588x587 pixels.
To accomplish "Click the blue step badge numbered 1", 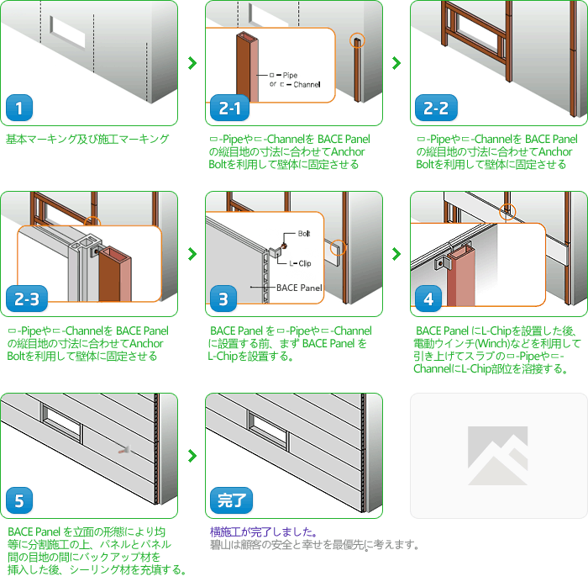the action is coord(19,108).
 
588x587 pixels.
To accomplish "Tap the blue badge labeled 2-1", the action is coord(229,108).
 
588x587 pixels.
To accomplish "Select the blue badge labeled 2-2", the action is coord(436,108).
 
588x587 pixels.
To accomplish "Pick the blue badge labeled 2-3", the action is coord(27,299).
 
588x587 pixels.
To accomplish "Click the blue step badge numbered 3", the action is coord(223,299).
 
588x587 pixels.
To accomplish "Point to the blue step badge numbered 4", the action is coord(428,299).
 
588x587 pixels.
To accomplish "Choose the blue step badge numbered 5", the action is coord(19,500).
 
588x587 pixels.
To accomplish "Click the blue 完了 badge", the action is coord(231,500).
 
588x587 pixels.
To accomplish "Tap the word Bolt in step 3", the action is coord(304,234).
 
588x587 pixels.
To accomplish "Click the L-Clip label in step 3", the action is coord(300,263).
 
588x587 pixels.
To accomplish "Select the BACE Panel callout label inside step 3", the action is coord(299,288).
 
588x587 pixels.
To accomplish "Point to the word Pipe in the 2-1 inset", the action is coord(290,75).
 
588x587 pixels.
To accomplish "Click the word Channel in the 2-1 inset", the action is coord(307,84).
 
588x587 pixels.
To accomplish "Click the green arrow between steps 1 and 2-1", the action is coord(192,63).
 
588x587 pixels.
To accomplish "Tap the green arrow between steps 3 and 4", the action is coord(396,254).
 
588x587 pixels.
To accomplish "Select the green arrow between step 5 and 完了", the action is coord(192,456).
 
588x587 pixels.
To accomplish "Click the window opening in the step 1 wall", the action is coord(67,32).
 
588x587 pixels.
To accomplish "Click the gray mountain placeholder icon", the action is coord(497,456).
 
